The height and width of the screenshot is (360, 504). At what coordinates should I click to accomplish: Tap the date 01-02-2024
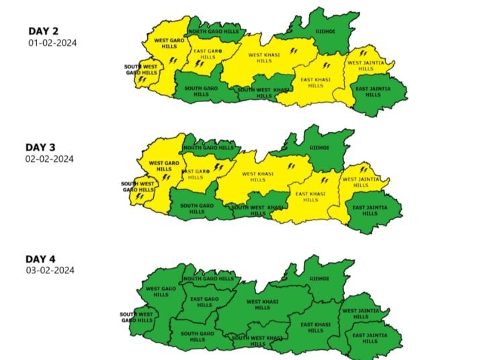pos(52,43)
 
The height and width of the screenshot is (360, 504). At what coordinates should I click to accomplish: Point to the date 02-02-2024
pos(50,159)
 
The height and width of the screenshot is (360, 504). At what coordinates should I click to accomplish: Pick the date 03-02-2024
pos(50,270)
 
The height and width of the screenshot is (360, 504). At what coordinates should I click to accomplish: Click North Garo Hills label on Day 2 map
pos(214,32)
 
